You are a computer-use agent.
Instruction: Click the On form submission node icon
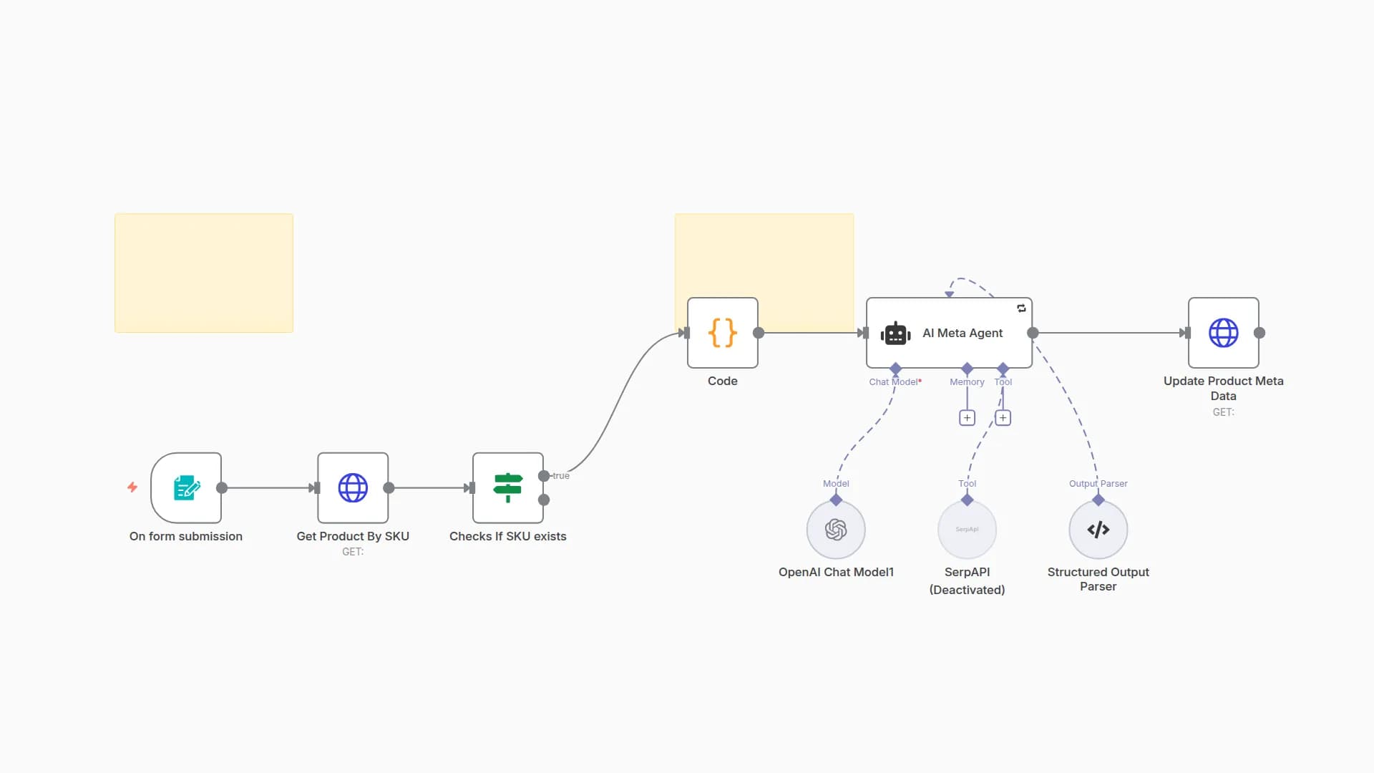tap(186, 488)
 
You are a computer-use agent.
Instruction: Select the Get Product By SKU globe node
tap(353, 488)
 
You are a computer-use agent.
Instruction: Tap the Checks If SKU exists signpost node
tap(507, 488)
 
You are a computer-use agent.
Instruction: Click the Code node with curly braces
tap(722, 333)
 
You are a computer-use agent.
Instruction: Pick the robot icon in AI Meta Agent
tap(895, 334)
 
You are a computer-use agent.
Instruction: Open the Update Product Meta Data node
tap(1223, 333)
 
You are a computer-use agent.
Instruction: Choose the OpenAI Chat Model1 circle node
tap(836, 530)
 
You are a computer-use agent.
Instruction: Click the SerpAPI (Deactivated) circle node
tap(967, 530)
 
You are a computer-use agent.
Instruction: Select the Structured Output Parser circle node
tap(1098, 530)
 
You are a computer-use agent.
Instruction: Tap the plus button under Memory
tap(967, 418)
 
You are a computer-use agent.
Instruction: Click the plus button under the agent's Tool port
tap(1003, 418)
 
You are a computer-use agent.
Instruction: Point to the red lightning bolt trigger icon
tap(132, 487)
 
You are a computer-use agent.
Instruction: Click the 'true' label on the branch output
tap(561, 476)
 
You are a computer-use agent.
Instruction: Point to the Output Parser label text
tap(1098, 484)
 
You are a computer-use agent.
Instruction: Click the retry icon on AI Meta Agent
tap(1021, 308)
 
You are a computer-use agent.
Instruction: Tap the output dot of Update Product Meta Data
tap(1259, 333)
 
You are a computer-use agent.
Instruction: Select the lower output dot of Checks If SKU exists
tap(544, 500)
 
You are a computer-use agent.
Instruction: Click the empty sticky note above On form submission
tap(204, 273)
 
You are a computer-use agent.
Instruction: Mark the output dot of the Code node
tap(759, 333)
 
